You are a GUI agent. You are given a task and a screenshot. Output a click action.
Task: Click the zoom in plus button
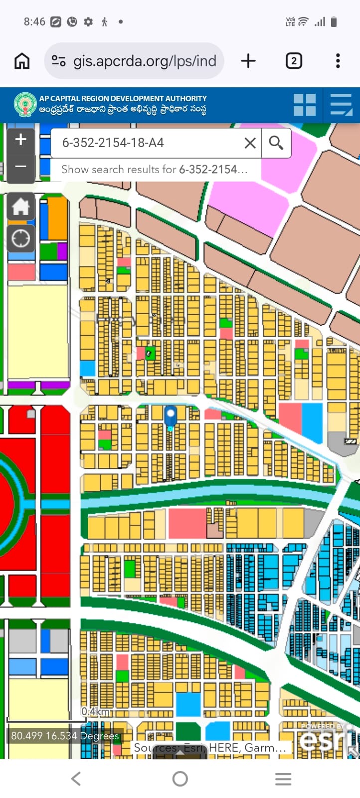[20, 140]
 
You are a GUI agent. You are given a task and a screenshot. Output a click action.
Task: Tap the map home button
[20, 206]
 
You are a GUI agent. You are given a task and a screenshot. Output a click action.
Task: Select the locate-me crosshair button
[20, 238]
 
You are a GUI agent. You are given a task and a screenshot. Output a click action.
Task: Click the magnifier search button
[276, 143]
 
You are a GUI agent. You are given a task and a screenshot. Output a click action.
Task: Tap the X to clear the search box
[250, 143]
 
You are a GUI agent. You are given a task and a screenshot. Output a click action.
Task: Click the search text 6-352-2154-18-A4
[113, 143]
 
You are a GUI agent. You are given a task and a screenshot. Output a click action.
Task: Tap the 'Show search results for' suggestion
[155, 170]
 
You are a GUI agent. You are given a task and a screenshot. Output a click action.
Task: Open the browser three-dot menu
[338, 61]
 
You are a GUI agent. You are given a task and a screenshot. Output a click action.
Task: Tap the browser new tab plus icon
[248, 61]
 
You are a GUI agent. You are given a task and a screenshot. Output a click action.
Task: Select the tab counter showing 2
[294, 61]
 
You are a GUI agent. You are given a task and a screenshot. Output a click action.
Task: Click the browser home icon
[22, 61]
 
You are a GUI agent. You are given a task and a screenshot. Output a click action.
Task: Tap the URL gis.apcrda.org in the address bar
[145, 61]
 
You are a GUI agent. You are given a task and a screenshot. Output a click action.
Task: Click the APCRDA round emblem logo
[25, 105]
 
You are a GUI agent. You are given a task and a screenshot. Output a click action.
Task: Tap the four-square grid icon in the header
[305, 105]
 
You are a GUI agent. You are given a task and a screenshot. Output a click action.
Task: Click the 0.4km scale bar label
[96, 711]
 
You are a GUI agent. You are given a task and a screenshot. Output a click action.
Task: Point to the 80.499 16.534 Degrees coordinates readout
[65, 736]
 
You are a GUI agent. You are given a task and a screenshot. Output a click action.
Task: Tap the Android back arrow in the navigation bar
[76, 779]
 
